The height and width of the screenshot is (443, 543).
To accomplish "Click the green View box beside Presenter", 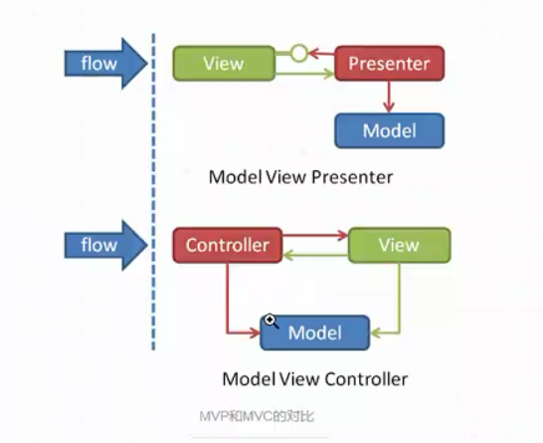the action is point(224,64).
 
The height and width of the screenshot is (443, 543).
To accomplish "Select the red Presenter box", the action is point(389,63).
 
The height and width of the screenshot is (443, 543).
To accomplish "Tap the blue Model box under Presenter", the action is point(389,130).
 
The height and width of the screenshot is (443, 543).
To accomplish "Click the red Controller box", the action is point(228,245).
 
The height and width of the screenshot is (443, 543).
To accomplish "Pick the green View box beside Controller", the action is point(399,245).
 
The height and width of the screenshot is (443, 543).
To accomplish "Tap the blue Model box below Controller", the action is point(315,332).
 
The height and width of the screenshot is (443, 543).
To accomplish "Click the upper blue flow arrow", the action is point(106,64).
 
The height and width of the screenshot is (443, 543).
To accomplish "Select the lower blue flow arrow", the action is point(106,245).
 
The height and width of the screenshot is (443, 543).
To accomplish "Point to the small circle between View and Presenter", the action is point(299,54).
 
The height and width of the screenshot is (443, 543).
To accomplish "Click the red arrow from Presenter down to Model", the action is point(389,97).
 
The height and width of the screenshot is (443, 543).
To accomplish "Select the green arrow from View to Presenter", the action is point(304,74).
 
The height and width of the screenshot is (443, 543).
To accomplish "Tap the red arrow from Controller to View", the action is point(315,235).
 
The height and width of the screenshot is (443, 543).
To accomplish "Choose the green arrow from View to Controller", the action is point(315,256).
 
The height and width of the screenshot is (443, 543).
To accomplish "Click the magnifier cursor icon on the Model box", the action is point(271,322).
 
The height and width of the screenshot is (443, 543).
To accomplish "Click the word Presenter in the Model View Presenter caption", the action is point(352,177).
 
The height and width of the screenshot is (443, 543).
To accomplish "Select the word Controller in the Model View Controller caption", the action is point(366,379).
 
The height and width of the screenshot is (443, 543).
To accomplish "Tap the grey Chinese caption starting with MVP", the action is point(257,416).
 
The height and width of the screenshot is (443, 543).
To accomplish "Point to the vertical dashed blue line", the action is point(153,192).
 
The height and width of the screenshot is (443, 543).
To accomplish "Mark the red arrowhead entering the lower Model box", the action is point(255,333).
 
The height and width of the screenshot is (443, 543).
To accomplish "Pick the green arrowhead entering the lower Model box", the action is point(376,333).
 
